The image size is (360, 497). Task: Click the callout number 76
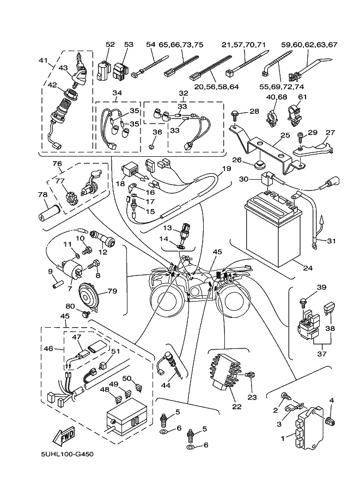pos(56,164)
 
